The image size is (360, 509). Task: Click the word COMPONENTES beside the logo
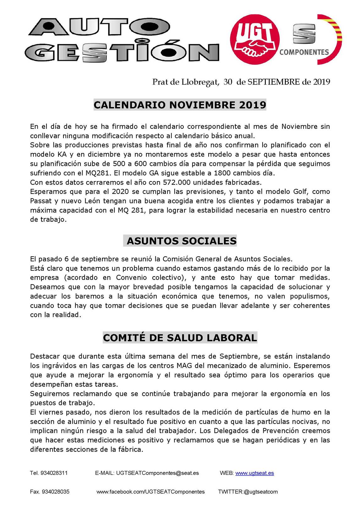[x=304, y=52]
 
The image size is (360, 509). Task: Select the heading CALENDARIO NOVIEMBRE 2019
[x=180, y=105]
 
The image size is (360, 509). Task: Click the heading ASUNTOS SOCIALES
[x=181, y=241]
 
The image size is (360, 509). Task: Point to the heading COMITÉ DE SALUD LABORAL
[x=180, y=338]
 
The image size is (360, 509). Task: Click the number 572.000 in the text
[x=177, y=182]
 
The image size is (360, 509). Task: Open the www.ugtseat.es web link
[x=254, y=473]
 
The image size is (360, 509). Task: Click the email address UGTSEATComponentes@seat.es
[x=157, y=473]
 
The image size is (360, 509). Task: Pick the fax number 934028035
[x=56, y=492]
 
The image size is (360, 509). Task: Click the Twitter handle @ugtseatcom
[x=260, y=492]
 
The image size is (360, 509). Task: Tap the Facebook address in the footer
[x=150, y=492]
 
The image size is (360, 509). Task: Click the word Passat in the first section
[x=41, y=201]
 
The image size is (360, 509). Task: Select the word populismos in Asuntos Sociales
[x=310, y=296]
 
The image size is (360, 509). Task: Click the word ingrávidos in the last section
[x=58, y=366]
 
